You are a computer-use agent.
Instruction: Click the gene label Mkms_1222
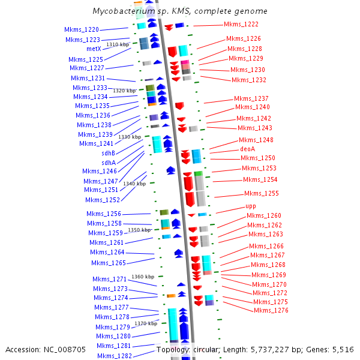click(241, 24)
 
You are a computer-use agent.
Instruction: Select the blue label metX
click(94, 49)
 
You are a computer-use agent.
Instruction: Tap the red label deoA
click(248, 148)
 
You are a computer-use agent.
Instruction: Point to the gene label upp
click(251, 206)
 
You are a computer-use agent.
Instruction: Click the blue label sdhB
click(108, 153)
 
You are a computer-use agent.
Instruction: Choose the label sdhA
click(108, 163)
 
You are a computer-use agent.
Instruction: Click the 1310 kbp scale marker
click(118, 44)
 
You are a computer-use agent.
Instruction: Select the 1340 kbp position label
click(134, 184)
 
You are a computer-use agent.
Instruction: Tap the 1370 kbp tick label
click(146, 323)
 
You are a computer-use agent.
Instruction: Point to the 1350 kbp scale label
click(140, 230)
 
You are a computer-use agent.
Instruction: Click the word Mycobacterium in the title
click(122, 11)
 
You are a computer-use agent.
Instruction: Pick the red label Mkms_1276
click(271, 310)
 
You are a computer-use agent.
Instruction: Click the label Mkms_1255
click(262, 193)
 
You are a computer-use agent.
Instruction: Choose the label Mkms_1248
click(256, 140)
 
